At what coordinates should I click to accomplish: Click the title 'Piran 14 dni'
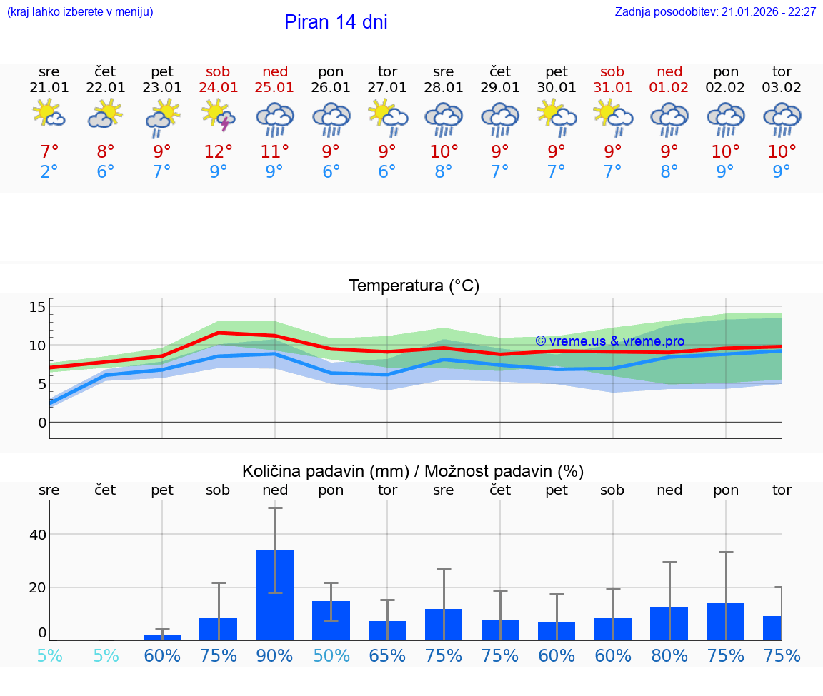tap(336, 22)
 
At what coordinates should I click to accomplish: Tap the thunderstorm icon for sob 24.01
tap(219, 116)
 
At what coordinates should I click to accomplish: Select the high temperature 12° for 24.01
tap(219, 152)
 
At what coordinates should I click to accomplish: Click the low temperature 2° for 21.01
tap(49, 172)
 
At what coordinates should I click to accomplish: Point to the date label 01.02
tap(669, 88)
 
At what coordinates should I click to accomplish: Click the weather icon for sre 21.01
tap(49, 116)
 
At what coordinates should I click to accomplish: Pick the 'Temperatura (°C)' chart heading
tap(414, 286)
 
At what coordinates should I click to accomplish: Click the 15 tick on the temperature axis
tap(37, 307)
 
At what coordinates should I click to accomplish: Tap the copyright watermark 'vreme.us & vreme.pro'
tap(610, 341)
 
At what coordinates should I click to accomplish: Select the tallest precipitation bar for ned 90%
tap(275, 594)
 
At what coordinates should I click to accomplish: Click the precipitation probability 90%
tap(275, 656)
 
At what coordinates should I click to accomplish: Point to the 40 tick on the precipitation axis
tap(37, 535)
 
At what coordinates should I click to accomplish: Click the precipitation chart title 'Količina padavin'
tap(413, 471)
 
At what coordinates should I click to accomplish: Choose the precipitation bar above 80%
tap(669, 623)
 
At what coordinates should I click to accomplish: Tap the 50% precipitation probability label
tap(331, 656)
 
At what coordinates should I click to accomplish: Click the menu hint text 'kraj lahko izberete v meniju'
tap(80, 12)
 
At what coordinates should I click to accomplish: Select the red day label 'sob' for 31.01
tap(612, 71)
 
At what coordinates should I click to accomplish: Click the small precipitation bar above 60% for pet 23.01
tap(162, 637)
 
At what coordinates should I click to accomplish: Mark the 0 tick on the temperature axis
tap(41, 423)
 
